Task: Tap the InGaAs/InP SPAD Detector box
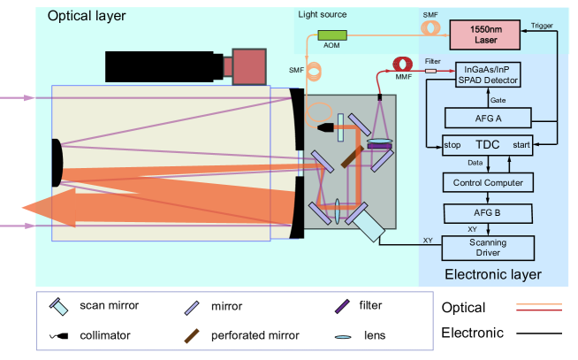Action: point(486,75)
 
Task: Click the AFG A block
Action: point(487,117)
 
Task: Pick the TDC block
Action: point(487,144)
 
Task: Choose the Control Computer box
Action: point(487,183)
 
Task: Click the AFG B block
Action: point(487,213)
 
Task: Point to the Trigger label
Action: point(542,26)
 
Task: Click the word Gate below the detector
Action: point(498,100)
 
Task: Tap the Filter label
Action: point(432,61)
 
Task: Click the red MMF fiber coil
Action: point(402,66)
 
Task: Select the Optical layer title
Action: point(87,16)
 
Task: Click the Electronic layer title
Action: point(492,274)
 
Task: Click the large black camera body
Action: point(163,66)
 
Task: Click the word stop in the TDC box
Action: point(453,145)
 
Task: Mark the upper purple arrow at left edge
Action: point(18,98)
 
